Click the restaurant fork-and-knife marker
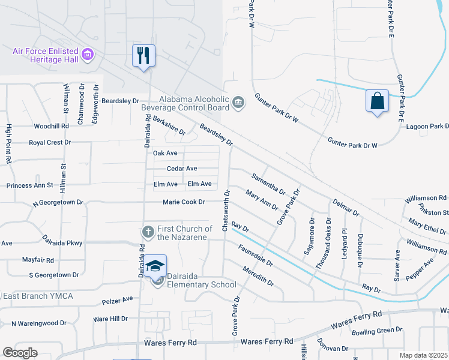[x=143, y=56]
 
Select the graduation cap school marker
[x=155, y=265]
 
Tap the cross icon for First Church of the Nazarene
[x=148, y=232]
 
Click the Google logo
[x=20, y=352]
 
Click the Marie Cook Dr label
[x=184, y=202]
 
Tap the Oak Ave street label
[x=165, y=154]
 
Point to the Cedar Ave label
[x=182, y=169]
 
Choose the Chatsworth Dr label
[x=226, y=210]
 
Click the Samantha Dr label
[x=268, y=184]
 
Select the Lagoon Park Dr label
[x=427, y=127]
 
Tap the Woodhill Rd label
[x=52, y=127]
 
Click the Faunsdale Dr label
[x=255, y=255]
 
